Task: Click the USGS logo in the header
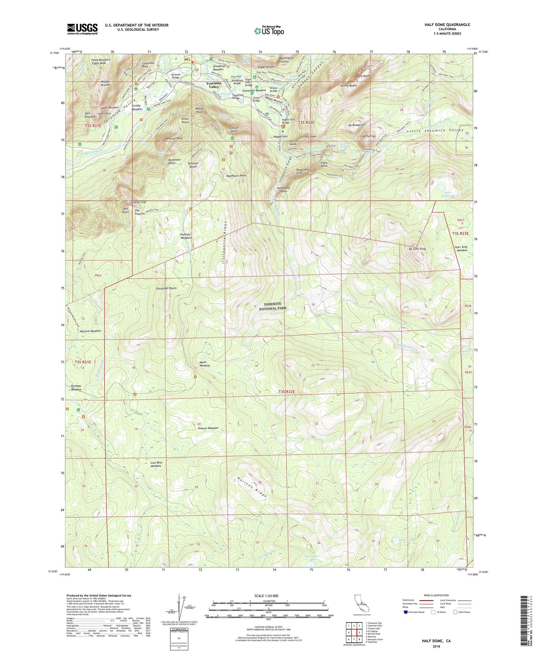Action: [x=82, y=29]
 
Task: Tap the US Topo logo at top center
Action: [x=268, y=31]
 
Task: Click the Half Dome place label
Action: [x=363, y=76]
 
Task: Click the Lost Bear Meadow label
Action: [x=156, y=464]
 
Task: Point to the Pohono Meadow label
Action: [x=208, y=428]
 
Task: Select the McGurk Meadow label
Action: [x=90, y=331]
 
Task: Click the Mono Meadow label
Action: [x=204, y=364]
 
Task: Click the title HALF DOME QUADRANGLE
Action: [x=447, y=25]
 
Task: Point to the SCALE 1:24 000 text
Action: [x=266, y=596]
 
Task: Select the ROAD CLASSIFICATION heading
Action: [x=436, y=595]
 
